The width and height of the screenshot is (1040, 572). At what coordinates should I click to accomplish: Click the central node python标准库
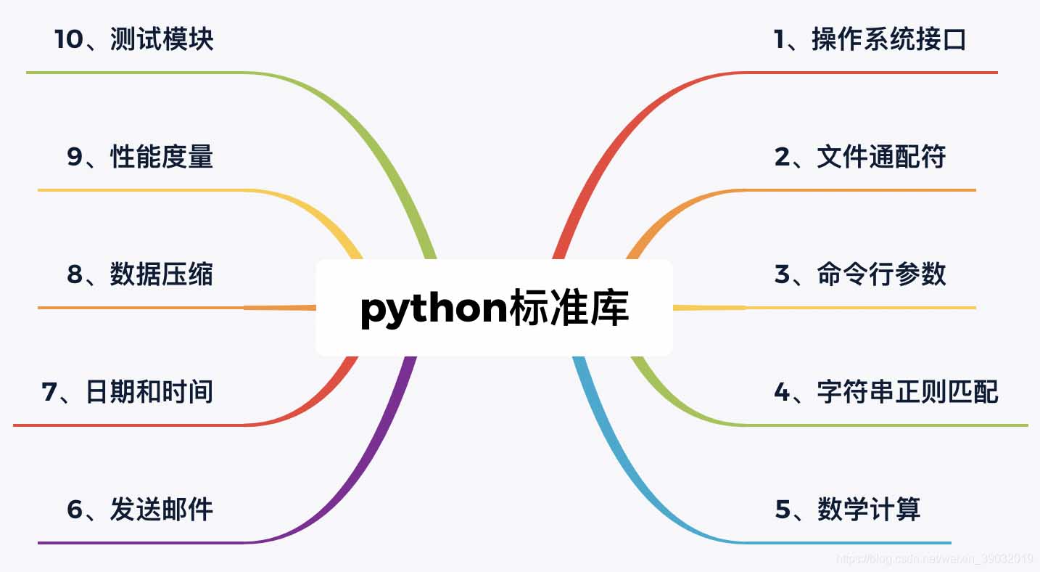click(x=495, y=309)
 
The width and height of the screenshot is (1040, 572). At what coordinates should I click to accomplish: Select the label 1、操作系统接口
click(x=870, y=39)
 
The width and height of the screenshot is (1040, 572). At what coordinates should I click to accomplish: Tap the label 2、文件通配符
click(x=860, y=157)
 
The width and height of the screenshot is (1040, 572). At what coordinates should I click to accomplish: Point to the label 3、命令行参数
click(x=860, y=274)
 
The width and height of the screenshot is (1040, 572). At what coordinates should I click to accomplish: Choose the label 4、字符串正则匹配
click(x=886, y=392)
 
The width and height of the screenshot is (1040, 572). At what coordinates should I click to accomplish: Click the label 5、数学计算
click(x=848, y=510)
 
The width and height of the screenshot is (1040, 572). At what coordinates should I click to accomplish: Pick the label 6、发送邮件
click(x=140, y=510)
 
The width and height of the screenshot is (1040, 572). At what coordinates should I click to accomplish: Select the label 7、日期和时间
click(x=128, y=392)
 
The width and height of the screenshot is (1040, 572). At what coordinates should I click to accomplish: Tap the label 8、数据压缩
click(x=140, y=274)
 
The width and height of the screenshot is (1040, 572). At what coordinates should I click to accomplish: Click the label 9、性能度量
click(x=140, y=157)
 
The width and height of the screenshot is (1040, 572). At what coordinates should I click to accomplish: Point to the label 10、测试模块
click(x=134, y=39)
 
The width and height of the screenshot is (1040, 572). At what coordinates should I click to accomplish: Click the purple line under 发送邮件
click(x=145, y=542)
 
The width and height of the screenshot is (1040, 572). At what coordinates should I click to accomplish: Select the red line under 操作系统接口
click(x=870, y=73)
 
